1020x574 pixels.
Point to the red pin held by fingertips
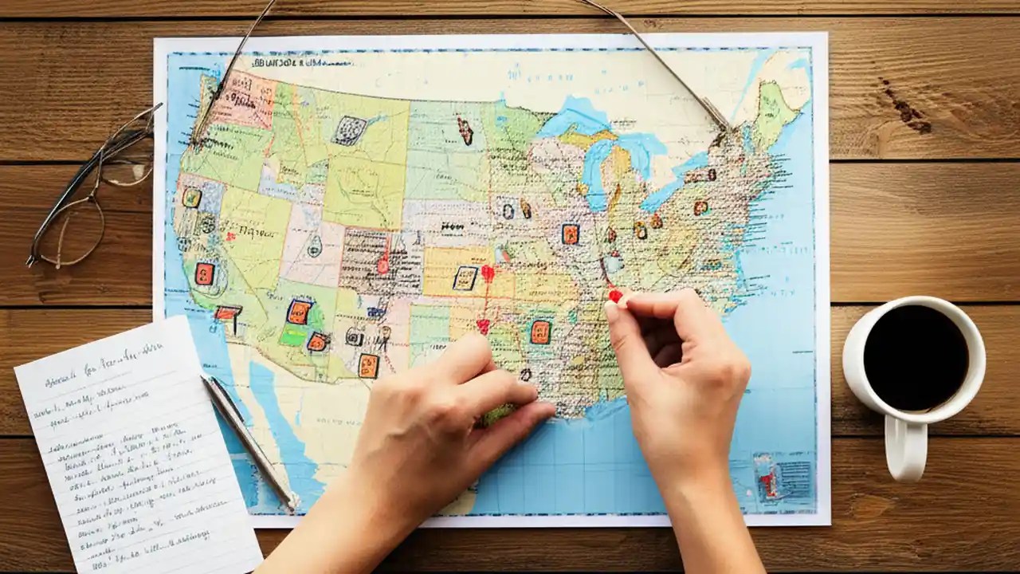614,296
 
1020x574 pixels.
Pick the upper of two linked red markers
488,273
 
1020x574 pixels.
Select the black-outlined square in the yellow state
465,277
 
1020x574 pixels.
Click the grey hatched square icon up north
349,130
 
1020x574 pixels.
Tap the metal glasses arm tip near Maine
722,124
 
